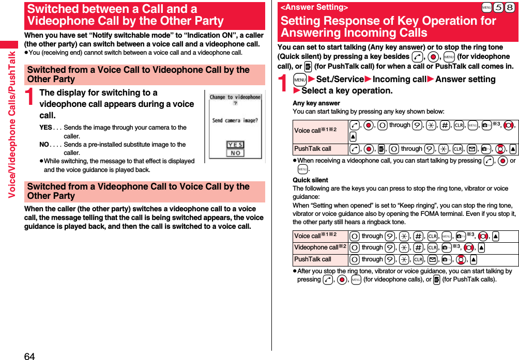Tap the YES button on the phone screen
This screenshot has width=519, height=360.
coord(235,144)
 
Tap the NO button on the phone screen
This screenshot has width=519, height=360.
coord(235,153)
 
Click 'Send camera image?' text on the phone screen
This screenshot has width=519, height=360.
coord(235,120)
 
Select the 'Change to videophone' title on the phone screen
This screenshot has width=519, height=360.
coord(235,97)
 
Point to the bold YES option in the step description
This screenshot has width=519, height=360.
coord(45,128)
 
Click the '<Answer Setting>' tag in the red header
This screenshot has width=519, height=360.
coord(314,7)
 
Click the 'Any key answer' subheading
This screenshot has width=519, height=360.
coord(316,103)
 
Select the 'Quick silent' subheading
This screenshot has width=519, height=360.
coord(310,180)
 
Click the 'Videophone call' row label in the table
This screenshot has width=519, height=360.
coord(317,247)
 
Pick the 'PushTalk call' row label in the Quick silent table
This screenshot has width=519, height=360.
coord(313,259)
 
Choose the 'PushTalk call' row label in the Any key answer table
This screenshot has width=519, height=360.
coord(313,149)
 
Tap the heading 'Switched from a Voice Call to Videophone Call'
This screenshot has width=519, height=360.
coord(139,74)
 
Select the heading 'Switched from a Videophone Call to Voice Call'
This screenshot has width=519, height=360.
coord(139,191)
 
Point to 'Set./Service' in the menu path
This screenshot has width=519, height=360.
coord(340,79)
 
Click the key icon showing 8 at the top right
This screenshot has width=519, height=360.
coord(510,7)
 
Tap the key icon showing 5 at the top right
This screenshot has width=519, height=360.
coord(498,7)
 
